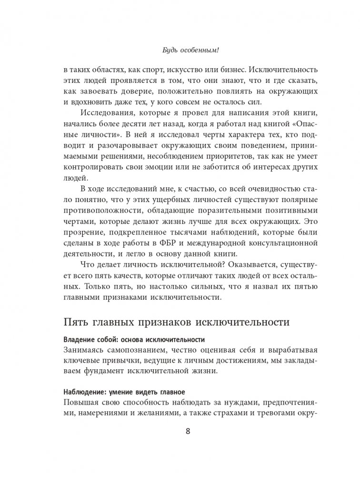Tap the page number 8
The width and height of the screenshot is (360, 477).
click(180, 431)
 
